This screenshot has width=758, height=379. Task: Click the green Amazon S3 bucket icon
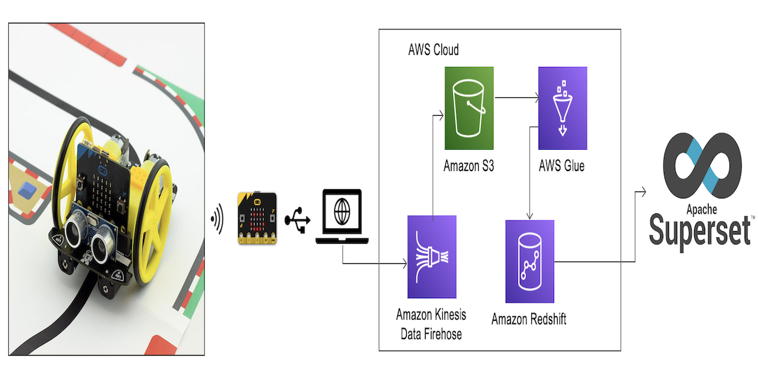pos(468,108)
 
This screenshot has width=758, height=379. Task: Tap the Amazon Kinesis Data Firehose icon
pos(431,256)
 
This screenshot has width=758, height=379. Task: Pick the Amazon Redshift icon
pos(529,262)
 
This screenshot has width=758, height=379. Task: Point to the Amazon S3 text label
pos(468,166)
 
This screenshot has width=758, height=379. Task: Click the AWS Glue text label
pos(562,166)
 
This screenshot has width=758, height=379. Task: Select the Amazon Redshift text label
pos(529,319)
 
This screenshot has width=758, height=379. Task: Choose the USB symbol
pos(296,220)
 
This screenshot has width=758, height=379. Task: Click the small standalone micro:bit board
pos(256,218)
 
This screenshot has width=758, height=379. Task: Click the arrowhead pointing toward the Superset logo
pos(644,191)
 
